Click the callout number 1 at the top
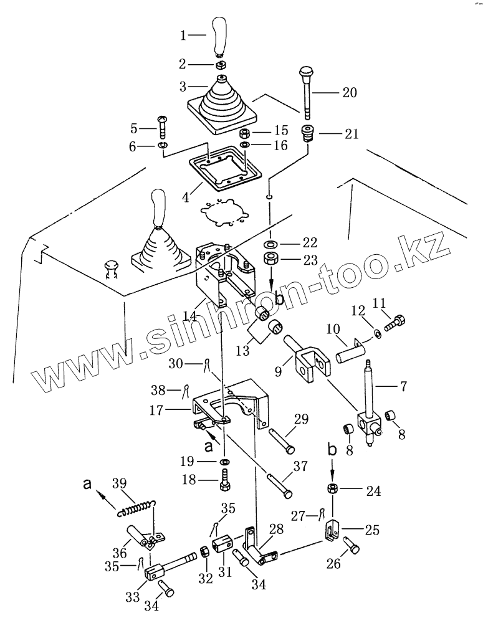pos(183,36)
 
